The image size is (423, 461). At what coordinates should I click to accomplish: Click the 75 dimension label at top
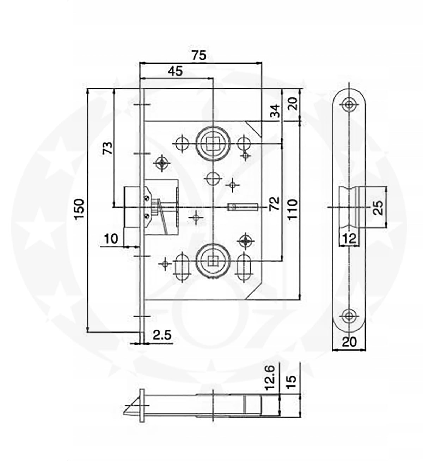pyautogui.click(x=199, y=55)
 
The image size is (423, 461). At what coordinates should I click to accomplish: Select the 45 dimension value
pyautogui.click(x=175, y=71)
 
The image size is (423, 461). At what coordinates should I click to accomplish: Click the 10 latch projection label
pyautogui.click(x=112, y=239)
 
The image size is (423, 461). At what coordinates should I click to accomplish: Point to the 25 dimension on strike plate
pyautogui.click(x=378, y=208)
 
